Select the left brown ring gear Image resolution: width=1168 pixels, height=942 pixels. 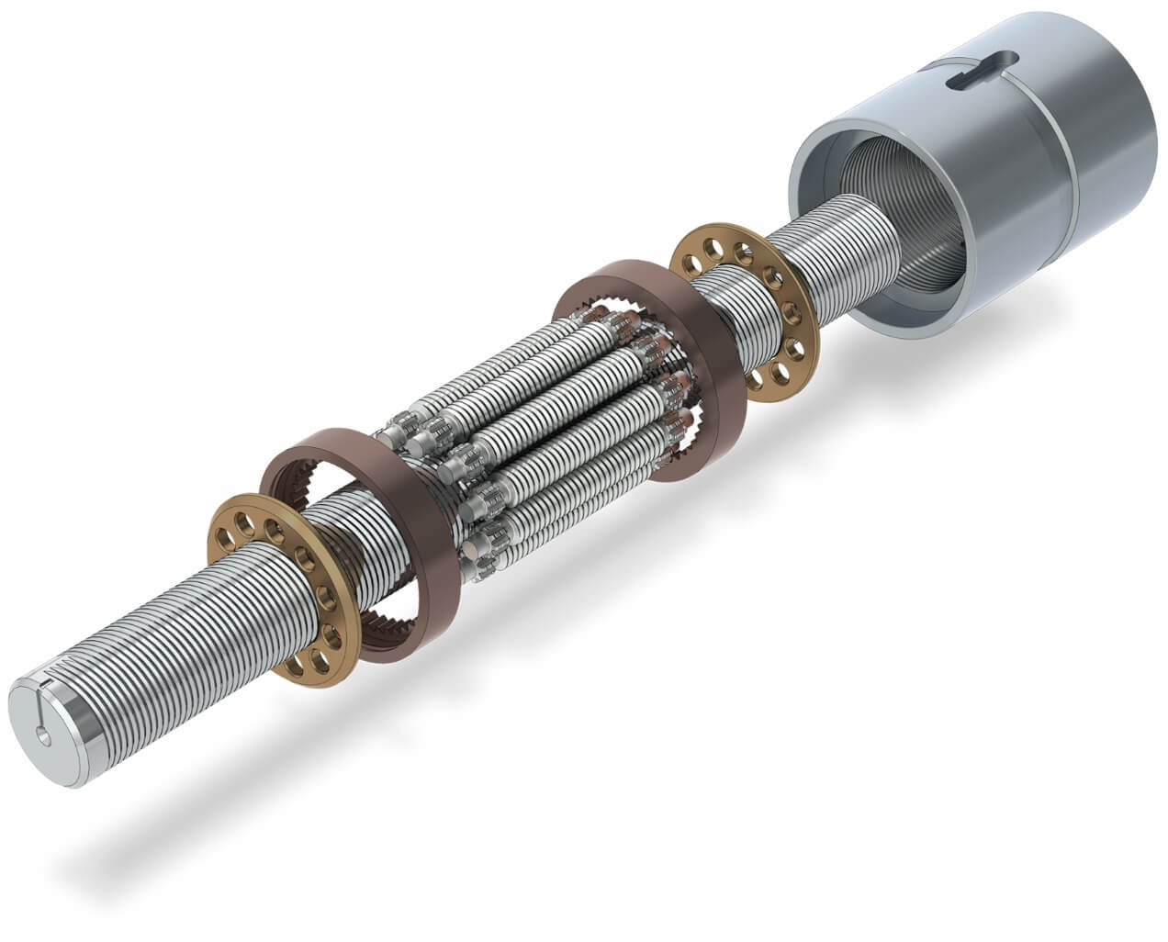[367, 542]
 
